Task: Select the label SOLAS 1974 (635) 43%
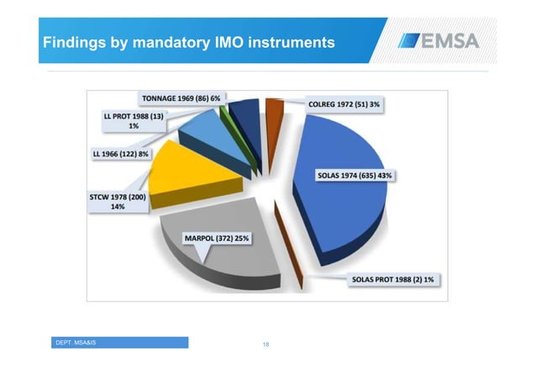[354, 176]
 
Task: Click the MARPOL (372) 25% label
[217, 238]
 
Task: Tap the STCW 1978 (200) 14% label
[117, 203]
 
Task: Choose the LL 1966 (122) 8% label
[121, 155]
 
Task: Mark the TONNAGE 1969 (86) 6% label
[181, 98]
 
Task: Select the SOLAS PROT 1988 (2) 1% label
[392, 279]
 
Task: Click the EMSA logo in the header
[443, 40]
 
